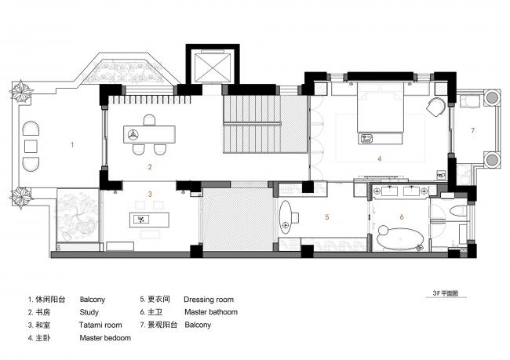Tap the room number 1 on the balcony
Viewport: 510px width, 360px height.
tap(72, 144)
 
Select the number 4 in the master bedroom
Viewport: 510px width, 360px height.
tap(380, 159)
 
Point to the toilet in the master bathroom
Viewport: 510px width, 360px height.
tap(458, 215)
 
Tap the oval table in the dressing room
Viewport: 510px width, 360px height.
tap(287, 216)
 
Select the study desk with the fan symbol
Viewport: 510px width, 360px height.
tap(148, 134)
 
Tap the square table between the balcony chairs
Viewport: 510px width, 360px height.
tap(32, 147)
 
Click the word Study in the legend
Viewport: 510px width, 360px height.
tap(89, 311)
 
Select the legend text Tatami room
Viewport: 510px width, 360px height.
tap(100, 324)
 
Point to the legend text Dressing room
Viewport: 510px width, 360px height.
tap(209, 300)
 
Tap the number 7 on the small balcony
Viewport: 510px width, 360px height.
tap(473, 129)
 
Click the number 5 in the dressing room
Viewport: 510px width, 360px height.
tap(327, 217)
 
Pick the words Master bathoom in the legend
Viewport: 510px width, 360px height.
tap(211, 311)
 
